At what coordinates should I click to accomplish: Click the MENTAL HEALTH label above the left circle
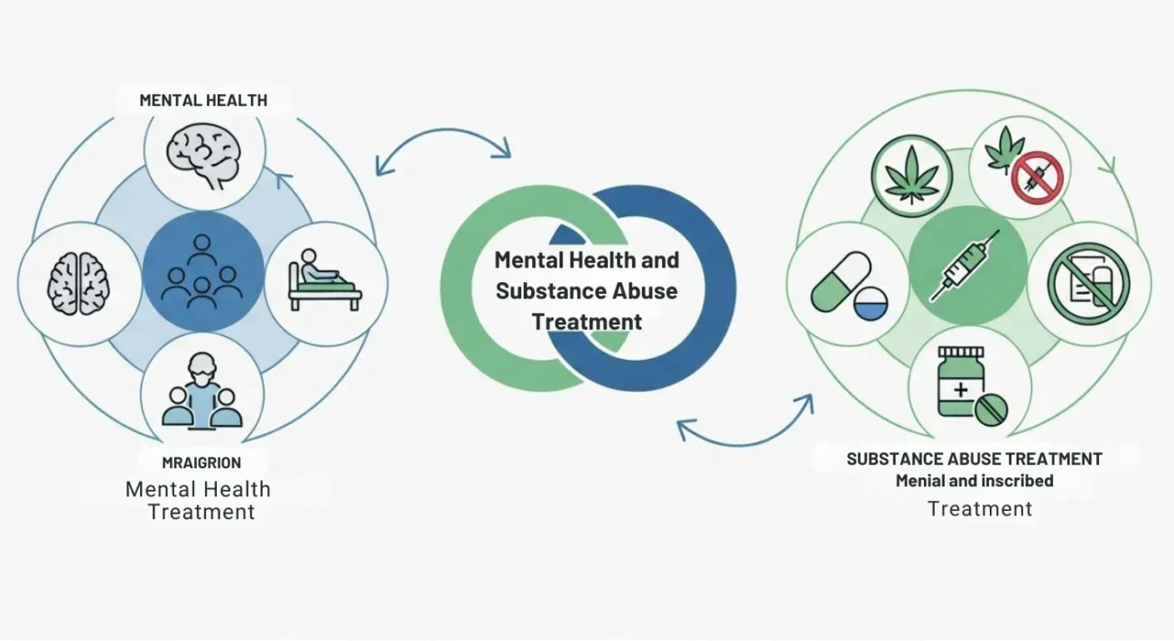click(x=203, y=100)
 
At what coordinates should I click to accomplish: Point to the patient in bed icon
click(x=324, y=279)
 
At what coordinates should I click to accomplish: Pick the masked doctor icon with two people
click(x=202, y=395)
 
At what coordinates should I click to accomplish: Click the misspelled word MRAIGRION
click(x=201, y=463)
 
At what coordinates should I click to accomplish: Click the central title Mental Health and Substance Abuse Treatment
click(x=587, y=290)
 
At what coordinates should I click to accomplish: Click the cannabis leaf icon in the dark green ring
click(x=911, y=176)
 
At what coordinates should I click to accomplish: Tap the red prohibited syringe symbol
click(x=1037, y=177)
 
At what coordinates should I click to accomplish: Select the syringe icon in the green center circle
click(x=967, y=264)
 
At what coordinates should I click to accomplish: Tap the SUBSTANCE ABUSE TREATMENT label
click(x=974, y=458)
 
